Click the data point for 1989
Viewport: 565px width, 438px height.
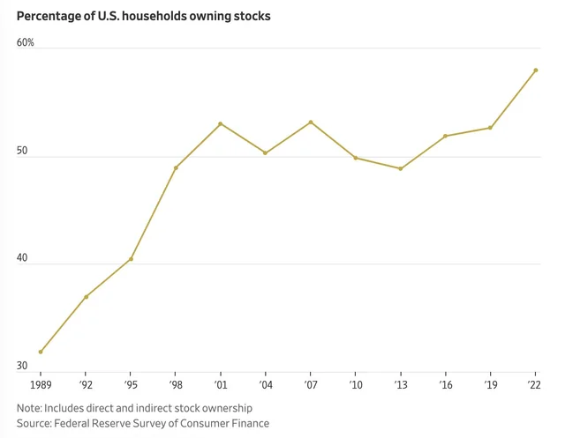tap(41, 352)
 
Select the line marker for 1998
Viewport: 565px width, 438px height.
tap(176, 167)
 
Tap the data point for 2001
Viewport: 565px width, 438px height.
tap(221, 123)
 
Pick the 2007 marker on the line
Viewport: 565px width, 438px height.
tap(311, 122)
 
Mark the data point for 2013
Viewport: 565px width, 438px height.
tap(401, 168)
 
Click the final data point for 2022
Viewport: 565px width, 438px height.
tap(536, 71)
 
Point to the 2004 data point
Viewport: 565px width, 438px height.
tap(266, 153)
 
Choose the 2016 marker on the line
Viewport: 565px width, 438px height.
tap(446, 136)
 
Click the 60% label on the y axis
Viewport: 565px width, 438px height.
tap(25, 42)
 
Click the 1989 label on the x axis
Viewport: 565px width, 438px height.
tap(41, 385)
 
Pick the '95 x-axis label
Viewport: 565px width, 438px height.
tap(131, 385)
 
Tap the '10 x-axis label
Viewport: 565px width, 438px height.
tap(356, 385)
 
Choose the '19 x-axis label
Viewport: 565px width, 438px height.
tap(491, 385)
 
